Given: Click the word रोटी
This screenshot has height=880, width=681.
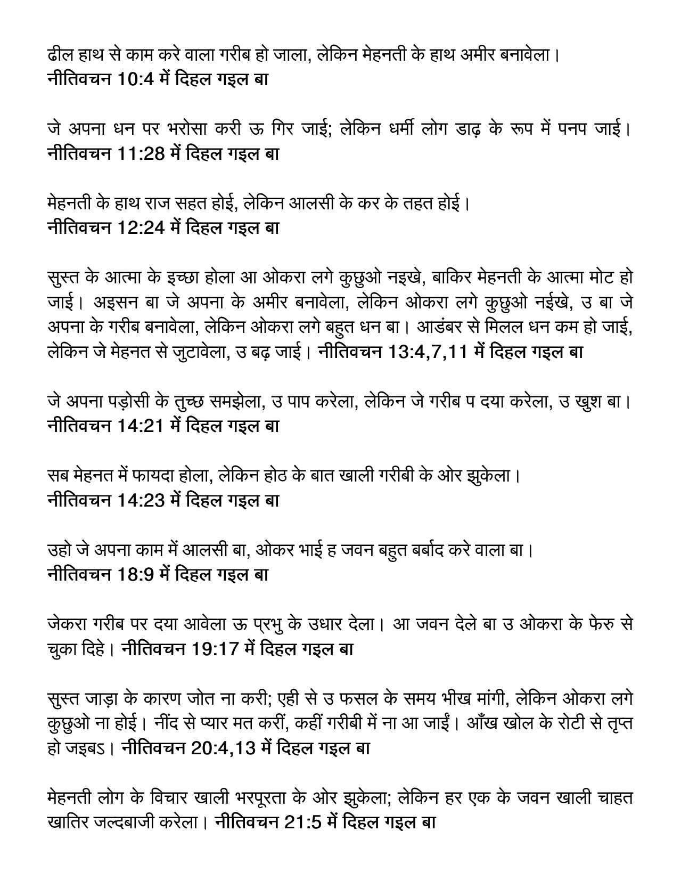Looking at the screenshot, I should click(x=571, y=723).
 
